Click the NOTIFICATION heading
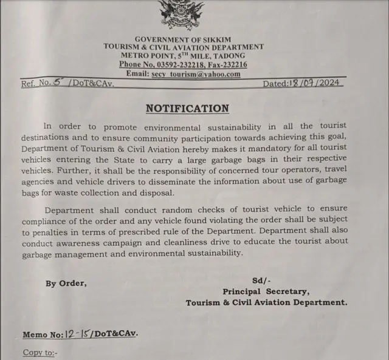187,109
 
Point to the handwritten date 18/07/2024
314,84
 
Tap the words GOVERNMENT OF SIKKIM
183,39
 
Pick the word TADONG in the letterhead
226,56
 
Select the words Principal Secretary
266,291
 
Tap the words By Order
66,283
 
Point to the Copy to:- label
40,352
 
